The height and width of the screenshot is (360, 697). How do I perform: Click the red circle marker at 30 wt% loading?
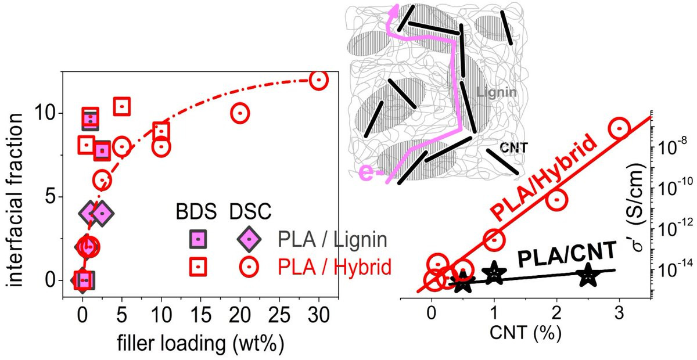tap(318, 80)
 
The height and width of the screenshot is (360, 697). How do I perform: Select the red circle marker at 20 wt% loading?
tap(240, 113)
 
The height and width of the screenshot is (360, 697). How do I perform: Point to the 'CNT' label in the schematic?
tap(513, 148)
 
